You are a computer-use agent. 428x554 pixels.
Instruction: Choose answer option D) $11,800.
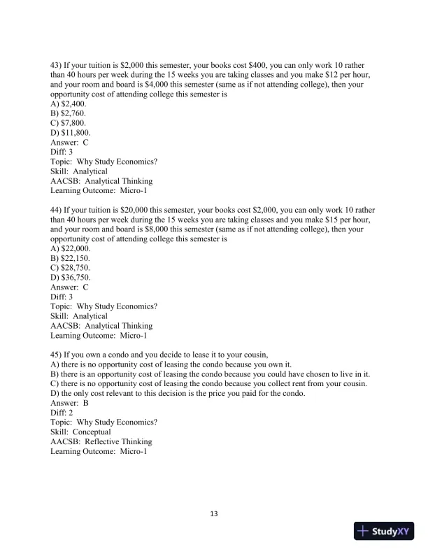pos(71,132)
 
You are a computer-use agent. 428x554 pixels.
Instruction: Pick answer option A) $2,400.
pos(69,103)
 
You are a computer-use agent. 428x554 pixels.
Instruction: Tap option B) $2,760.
pos(69,113)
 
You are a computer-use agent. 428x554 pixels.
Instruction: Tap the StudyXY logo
pos(386,530)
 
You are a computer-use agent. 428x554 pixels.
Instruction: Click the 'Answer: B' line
pos(69,403)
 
